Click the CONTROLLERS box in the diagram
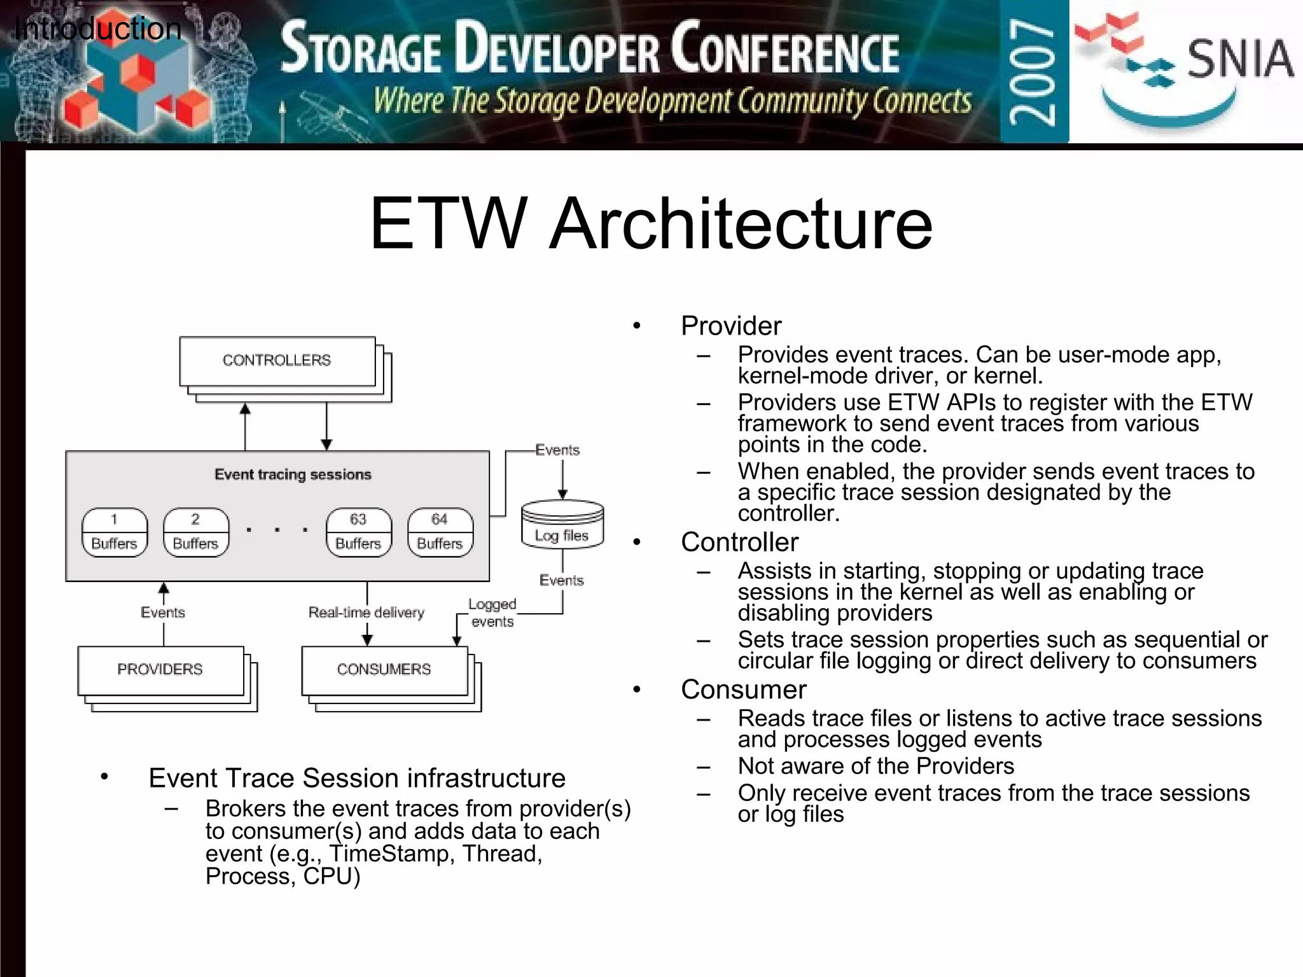tap(277, 361)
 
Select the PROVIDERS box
tap(160, 670)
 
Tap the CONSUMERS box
tap(384, 670)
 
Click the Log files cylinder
tap(562, 525)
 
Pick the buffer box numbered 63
tap(358, 532)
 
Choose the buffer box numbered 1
tap(115, 532)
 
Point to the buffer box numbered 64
tap(440, 532)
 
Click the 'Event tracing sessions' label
tap(293, 475)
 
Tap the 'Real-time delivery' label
tap(366, 613)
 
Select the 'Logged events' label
tap(492, 613)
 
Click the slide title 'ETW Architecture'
tap(651, 224)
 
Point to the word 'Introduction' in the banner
tap(97, 29)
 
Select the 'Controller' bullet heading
tap(739, 543)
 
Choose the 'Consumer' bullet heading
tap(743, 689)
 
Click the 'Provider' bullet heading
tap(731, 326)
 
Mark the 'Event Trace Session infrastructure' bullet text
tap(357, 779)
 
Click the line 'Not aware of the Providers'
tap(875, 766)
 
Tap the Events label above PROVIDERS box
tap(163, 613)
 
